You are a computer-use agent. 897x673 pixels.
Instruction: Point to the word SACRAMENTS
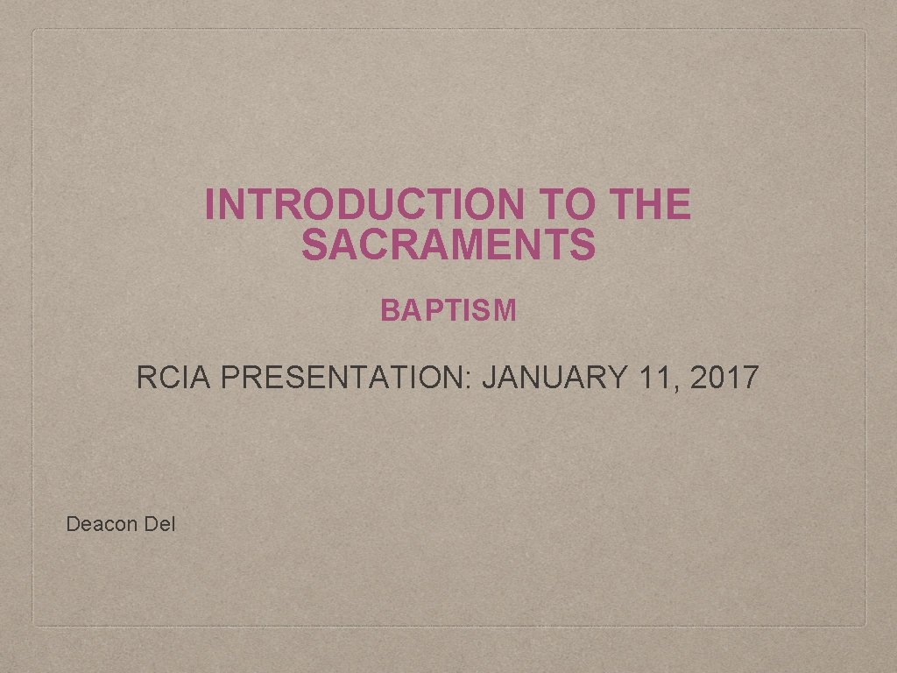click(x=448, y=245)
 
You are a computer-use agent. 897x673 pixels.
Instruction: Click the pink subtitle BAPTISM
click(x=448, y=310)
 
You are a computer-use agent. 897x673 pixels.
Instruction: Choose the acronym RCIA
click(x=174, y=379)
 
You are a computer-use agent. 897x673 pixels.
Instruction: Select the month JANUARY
click(x=554, y=379)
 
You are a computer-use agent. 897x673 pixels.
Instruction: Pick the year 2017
click(x=724, y=379)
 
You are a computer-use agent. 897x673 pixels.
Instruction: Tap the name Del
click(x=161, y=525)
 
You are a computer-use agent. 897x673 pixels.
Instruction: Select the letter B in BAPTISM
click(x=388, y=310)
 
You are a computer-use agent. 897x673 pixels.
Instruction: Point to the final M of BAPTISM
click(x=506, y=310)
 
